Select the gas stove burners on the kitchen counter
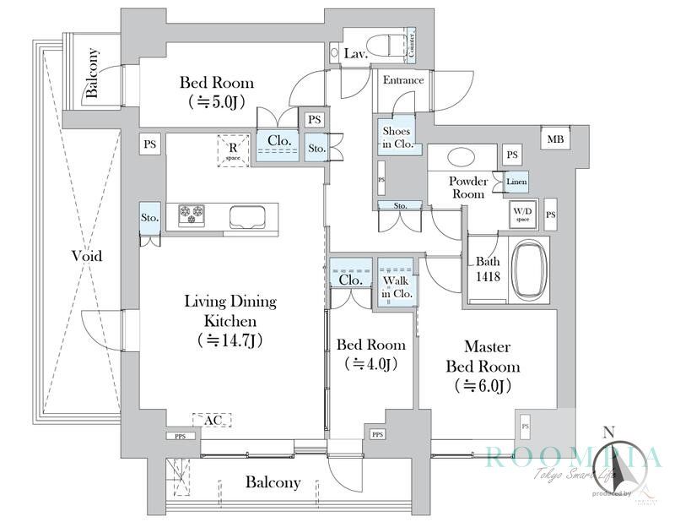coord(192,215)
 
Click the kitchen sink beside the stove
coord(248,216)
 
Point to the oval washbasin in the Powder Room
coord(461,158)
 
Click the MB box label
coord(555,139)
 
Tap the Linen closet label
coord(516,182)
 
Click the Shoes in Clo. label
coord(396,138)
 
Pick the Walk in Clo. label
coord(396,281)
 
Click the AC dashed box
coord(212,419)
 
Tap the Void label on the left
coord(87,255)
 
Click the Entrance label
coord(403,81)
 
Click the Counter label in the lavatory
coord(411,44)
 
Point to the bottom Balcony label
coord(273,483)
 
